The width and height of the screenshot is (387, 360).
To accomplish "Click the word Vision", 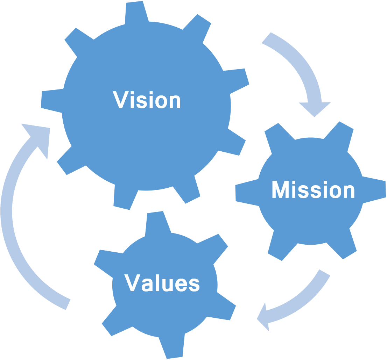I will (x=147, y=100).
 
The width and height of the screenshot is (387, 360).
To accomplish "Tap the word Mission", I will (x=313, y=190).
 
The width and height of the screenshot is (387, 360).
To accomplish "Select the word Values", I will (x=162, y=283).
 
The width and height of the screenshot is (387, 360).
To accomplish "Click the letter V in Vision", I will (x=120, y=100).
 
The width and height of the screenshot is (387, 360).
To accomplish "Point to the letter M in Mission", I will (x=281, y=190).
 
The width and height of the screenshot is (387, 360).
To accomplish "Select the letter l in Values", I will (x=159, y=282).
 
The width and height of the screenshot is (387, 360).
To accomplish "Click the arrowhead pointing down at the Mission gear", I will (x=315, y=108).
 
